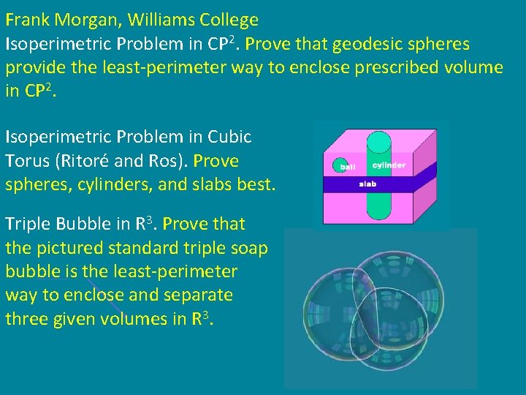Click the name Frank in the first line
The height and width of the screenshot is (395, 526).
[26, 20]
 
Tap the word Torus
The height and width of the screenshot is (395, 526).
[26, 160]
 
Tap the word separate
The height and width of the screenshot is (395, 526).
[197, 295]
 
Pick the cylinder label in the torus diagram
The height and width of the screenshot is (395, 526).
[389, 165]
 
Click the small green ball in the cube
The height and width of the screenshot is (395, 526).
[340, 165]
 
